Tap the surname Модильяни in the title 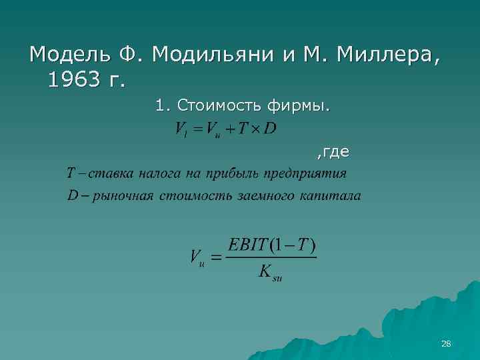209,53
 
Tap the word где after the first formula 335,153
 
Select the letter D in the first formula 269,128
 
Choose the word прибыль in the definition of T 231,175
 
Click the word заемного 267,197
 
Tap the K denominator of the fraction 267,272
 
